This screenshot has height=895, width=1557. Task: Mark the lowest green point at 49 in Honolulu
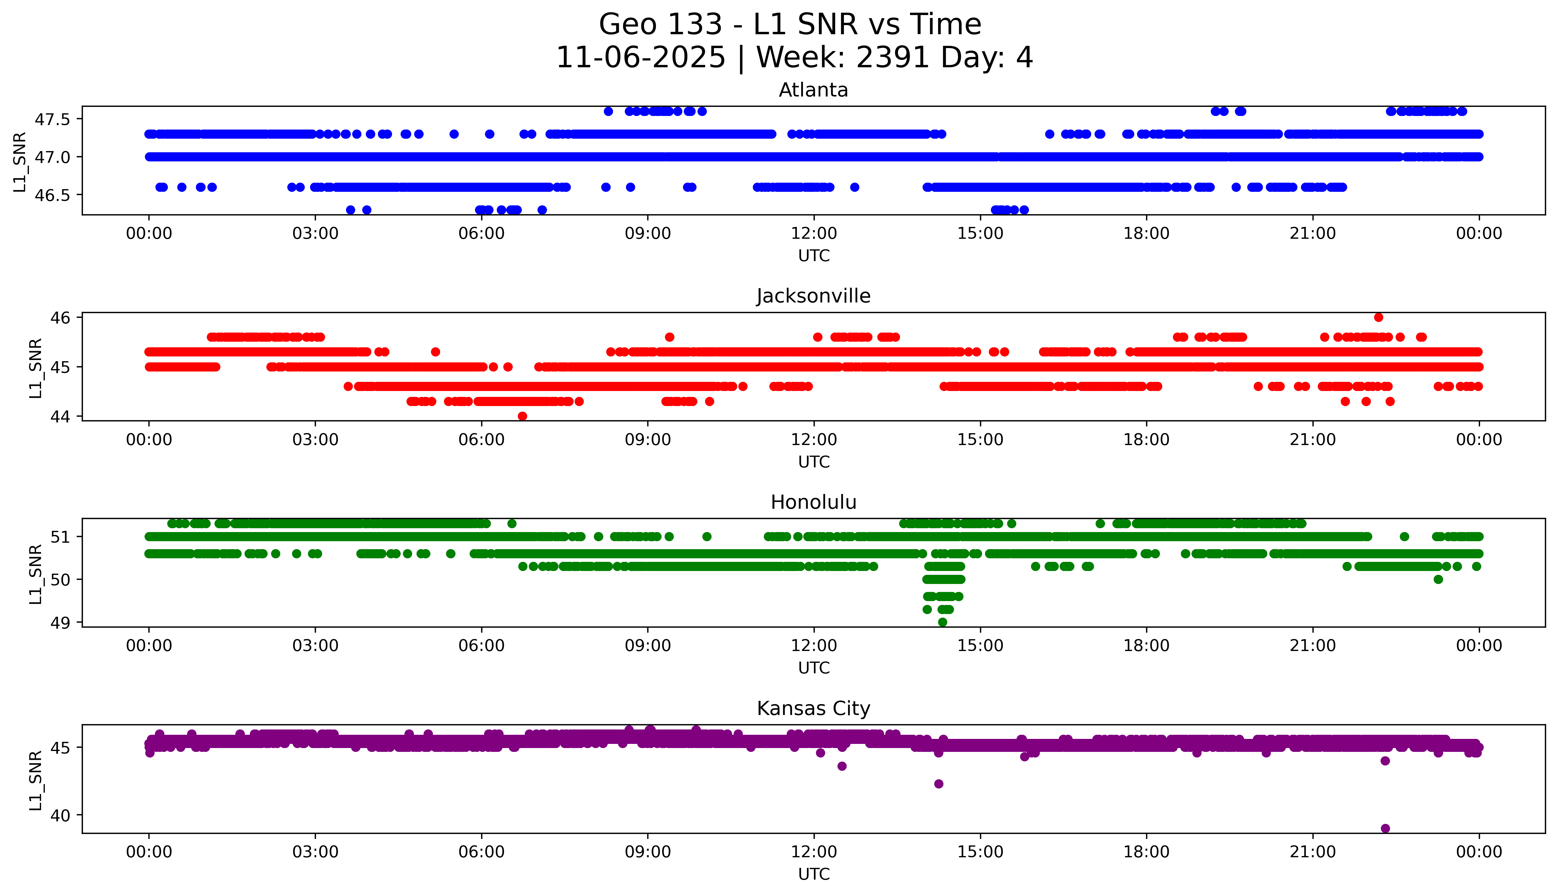943,622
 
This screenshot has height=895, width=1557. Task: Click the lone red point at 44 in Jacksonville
522,416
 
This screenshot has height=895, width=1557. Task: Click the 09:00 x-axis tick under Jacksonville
648,439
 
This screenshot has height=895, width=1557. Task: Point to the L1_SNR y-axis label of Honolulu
36,574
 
